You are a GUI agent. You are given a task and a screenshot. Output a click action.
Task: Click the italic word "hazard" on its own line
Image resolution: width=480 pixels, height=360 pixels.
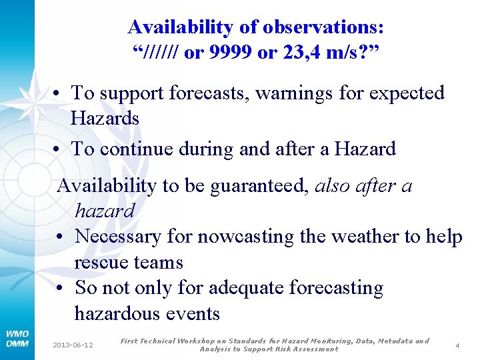pyautogui.click(x=105, y=211)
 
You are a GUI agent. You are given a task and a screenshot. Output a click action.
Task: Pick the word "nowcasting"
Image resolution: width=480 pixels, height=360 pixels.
pyautogui.click(x=246, y=237)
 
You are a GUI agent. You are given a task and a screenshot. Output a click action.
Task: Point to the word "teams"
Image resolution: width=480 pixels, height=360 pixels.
pyautogui.click(x=159, y=263)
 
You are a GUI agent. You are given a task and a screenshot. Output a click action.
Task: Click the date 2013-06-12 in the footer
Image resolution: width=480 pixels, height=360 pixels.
pyautogui.click(x=73, y=345)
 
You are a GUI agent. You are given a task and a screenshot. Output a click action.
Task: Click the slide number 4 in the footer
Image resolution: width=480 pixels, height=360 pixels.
pyautogui.click(x=457, y=345)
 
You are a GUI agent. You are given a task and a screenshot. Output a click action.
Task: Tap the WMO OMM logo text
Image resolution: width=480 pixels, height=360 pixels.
pyautogui.click(x=17, y=339)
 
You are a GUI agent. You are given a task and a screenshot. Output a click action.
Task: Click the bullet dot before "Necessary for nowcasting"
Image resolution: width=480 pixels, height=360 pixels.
pyautogui.click(x=60, y=237)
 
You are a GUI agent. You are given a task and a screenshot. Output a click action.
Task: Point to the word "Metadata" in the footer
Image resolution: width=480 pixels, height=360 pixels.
pyautogui.click(x=395, y=341)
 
